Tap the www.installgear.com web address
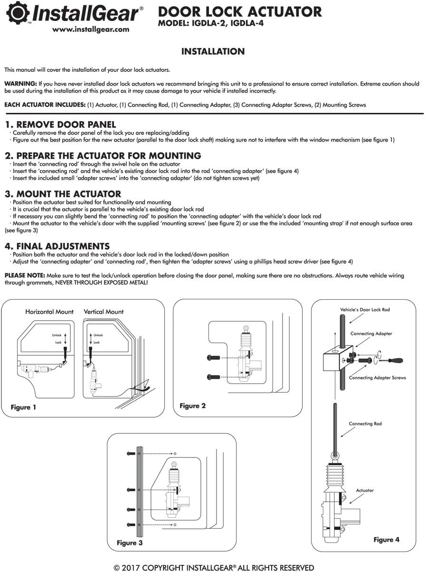[91, 29]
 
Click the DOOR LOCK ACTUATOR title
[239, 12]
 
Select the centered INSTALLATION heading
[213, 51]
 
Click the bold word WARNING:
[20, 84]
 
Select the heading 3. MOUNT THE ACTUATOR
[63, 194]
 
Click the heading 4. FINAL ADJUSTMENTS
[57, 246]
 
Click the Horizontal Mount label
[49, 312]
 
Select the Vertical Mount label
[104, 312]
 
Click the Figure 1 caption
[23, 407]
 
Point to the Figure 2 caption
[192, 406]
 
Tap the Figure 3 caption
[130, 543]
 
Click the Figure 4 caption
[386, 540]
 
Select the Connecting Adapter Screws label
[378, 378]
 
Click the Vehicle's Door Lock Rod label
[365, 310]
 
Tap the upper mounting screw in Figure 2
[213, 357]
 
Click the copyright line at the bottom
[214, 567]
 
